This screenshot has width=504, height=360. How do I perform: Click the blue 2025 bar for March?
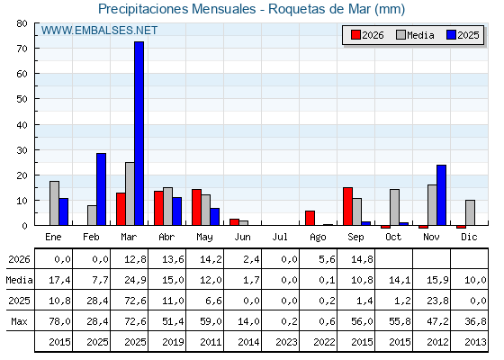point(139,133)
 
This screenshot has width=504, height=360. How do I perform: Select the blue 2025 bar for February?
point(101,189)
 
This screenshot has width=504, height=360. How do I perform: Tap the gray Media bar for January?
point(54,203)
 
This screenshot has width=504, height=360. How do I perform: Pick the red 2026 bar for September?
point(347,206)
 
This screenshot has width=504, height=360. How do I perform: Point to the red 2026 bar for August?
point(310,218)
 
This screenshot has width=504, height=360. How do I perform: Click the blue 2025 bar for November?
point(441,195)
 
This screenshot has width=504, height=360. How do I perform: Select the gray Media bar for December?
point(470,212)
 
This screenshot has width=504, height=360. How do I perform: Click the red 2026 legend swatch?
point(355,35)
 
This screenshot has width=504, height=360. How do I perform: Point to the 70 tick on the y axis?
point(22,49)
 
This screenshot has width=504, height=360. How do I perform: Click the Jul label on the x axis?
point(280,237)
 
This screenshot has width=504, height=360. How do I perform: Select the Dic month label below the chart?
point(469,237)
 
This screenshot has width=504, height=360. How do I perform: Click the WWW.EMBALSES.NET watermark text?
point(99,31)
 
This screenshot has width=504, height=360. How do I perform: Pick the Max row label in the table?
point(19,321)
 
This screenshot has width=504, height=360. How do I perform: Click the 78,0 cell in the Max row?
point(59,321)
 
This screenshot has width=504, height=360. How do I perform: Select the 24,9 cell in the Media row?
point(135,280)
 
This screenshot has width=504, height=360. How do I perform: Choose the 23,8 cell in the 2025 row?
point(437,301)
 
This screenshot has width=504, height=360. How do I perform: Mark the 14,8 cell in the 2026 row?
point(362,259)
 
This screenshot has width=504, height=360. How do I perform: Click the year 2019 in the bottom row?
point(173,342)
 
